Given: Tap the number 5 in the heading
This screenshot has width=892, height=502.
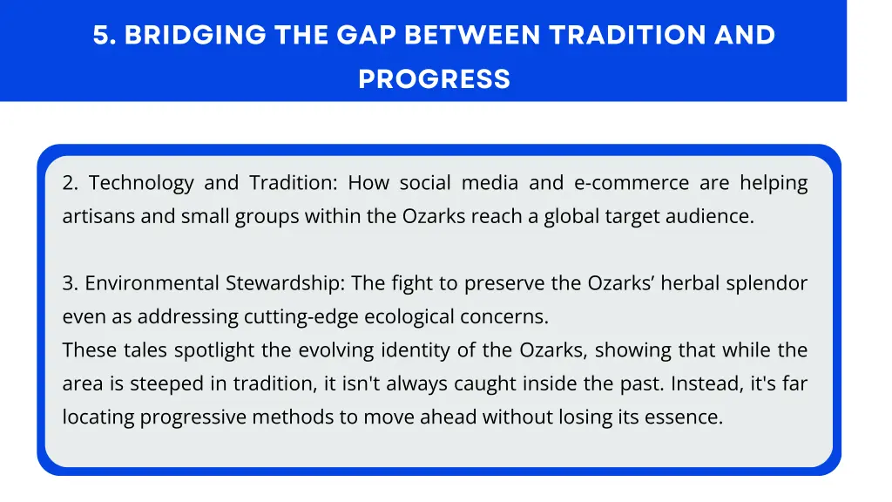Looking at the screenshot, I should click(x=102, y=35).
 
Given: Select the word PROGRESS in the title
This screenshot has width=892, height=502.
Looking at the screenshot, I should click(x=434, y=79).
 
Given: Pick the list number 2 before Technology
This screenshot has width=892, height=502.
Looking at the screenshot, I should click(x=70, y=183).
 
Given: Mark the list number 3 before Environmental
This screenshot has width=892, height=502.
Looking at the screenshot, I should click(x=70, y=283).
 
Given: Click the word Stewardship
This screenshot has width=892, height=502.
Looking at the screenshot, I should click(x=280, y=283).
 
